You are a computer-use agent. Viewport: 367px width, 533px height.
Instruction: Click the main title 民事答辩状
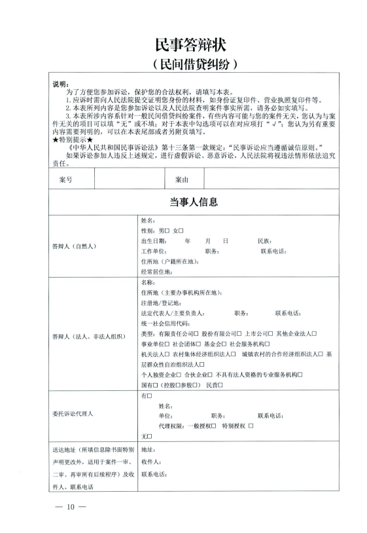pyautogui.click(x=183, y=45)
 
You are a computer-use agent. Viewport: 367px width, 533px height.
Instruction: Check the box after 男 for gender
pyautogui.click(x=167, y=231)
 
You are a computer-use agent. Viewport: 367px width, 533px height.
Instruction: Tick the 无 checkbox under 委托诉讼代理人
pyautogui.click(x=150, y=435)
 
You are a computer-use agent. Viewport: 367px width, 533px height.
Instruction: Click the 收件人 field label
pyautogui.click(x=150, y=462)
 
